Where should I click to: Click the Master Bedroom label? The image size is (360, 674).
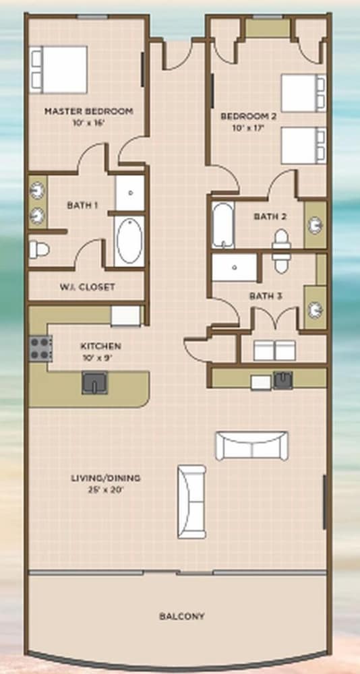click(88, 111)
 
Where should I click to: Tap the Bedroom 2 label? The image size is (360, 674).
click(248, 116)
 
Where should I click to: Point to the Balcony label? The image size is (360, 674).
click(182, 617)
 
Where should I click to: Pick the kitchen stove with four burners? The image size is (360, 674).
click(40, 348)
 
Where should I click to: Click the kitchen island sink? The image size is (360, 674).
click(94, 383)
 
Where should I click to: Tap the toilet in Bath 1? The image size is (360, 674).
click(38, 250)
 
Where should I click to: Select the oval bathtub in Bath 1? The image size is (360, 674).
click(130, 241)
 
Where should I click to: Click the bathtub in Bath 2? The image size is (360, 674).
click(222, 225)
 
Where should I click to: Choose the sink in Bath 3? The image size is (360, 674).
click(316, 308)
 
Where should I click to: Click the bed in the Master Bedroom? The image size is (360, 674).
click(58, 69)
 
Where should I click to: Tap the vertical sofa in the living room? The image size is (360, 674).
click(192, 501)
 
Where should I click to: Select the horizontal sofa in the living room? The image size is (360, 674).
click(251, 446)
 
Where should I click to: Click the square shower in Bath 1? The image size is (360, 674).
click(130, 193)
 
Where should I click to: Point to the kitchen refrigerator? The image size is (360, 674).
click(125, 316)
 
